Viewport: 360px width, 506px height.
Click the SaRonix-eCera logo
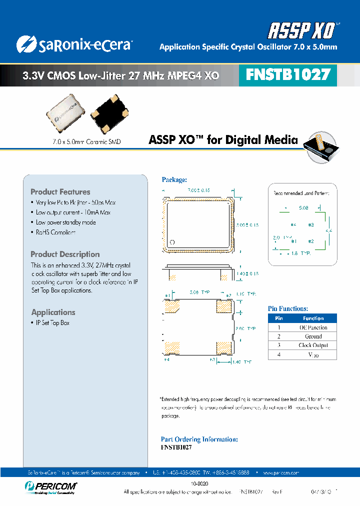pos(73,44)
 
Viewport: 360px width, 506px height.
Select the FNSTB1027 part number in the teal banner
pos(288,75)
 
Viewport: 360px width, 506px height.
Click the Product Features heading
pos(60,192)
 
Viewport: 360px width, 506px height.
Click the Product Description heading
pos(65,254)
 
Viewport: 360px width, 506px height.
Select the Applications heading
pos(53,312)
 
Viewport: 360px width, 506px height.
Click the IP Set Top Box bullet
pos(52,323)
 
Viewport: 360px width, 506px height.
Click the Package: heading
pos(174,180)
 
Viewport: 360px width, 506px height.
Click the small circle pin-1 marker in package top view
pos(172,242)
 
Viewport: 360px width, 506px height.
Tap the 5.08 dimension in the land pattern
pos(303,207)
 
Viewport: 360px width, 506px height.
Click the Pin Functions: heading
pos(288,309)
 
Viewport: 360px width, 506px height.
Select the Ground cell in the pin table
pos(313,336)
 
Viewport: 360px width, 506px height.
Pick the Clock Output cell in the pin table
pos(313,345)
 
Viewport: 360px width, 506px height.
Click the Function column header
pos(313,318)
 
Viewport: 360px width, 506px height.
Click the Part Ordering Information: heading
pos(199,439)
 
